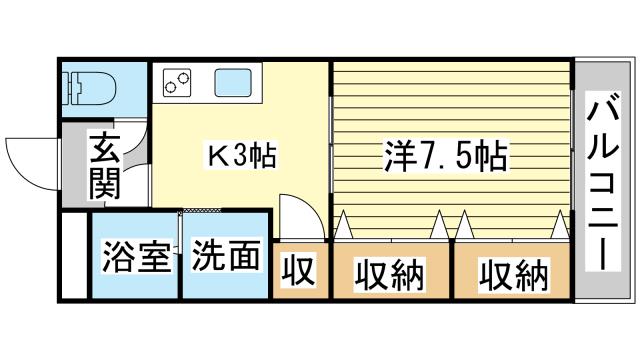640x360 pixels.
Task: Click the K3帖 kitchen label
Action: tap(241, 156)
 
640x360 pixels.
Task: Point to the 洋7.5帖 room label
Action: tap(445, 156)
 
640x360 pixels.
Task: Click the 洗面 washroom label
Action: tap(224, 256)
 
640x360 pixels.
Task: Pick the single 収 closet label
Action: tap(298, 271)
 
